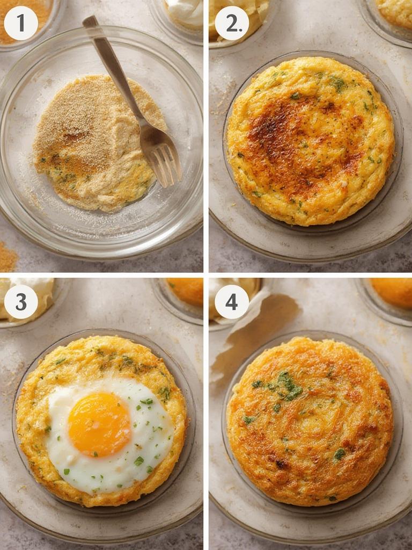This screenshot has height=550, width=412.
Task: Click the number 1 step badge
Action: pyautogui.click(x=21, y=23)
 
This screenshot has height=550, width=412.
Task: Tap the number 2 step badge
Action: pyautogui.click(x=232, y=23)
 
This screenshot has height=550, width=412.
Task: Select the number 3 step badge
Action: pyautogui.click(x=21, y=302)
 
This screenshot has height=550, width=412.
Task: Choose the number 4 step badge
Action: pyautogui.click(x=232, y=302)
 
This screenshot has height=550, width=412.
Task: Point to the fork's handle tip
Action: pyautogui.click(x=89, y=21)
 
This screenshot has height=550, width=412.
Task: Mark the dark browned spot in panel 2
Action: pyautogui.click(x=279, y=129)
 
